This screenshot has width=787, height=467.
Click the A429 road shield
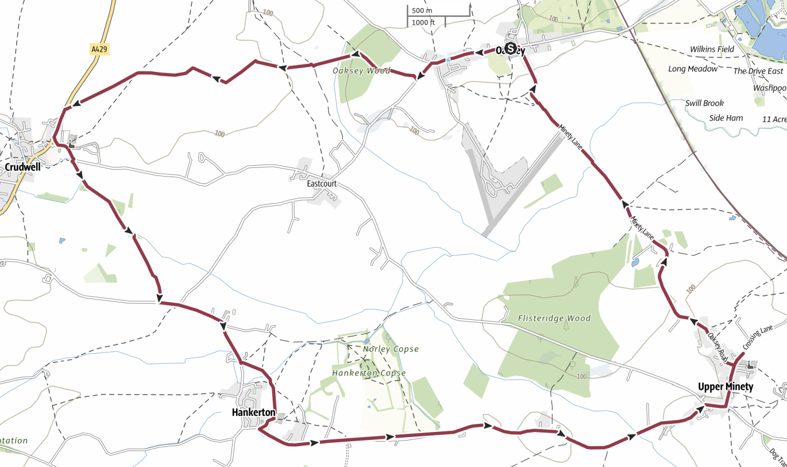pyautogui.click(x=99, y=50)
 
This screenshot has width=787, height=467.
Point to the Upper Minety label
pyautogui.click(x=726, y=386)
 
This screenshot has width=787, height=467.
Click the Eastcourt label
pyautogui.click(x=322, y=184)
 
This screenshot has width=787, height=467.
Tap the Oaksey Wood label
pyautogui.click(x=361, y=71)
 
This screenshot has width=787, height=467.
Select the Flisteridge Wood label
pyautogui.click(x=554, y=318)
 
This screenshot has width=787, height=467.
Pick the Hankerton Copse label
pyautogui.click(x=369, y=373)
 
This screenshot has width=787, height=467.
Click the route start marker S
pyautogui.click(x=510, y=49)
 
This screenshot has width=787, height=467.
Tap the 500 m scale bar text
pyautogui.click(x=422, y=11)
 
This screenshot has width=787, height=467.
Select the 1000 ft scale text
pyautogui.click(x=423, y=22)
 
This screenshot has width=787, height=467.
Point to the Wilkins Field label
pyautogui.click(x=712, y=49)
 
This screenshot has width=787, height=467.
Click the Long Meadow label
pyautogui.click(x=693, y=69)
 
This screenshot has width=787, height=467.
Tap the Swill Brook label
pyautogui.click(x=704, y=103)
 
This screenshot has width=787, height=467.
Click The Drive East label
pyautogui.click(x=758, y=71)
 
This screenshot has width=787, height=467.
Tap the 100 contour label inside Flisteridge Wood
pyautogui.click(x=581, y=376)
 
